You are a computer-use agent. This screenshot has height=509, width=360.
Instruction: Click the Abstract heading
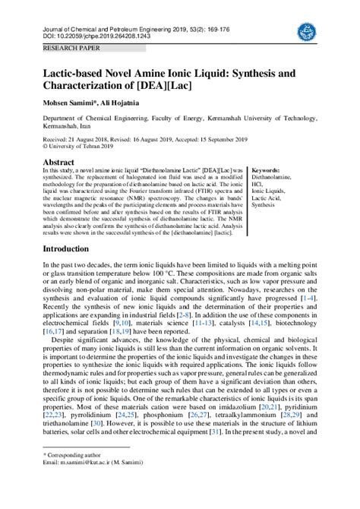58,163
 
